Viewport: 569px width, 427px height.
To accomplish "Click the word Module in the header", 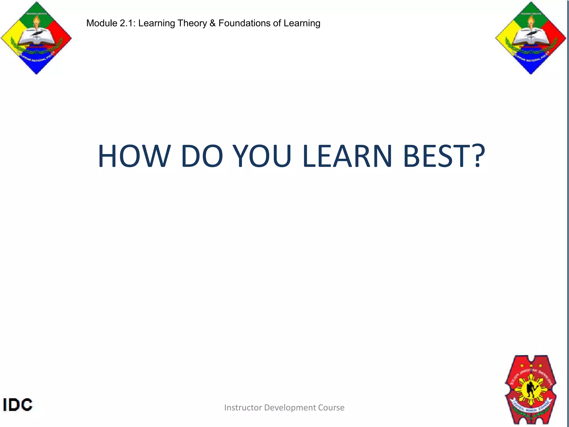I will pyautogui.click(x=102, y=23).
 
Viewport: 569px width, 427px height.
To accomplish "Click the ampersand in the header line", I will pyautogui.click(x=213, y=23).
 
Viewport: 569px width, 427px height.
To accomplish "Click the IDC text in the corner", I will pyautogui.click(x=18, y=405).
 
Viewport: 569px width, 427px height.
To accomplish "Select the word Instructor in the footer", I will pyautogui.click(x=243, y=408).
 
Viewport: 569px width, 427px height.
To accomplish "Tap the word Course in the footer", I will pyautogui.click(x=331, y=408).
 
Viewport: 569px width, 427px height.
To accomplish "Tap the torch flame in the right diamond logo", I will pyautogui.click(x=530, y=21).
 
